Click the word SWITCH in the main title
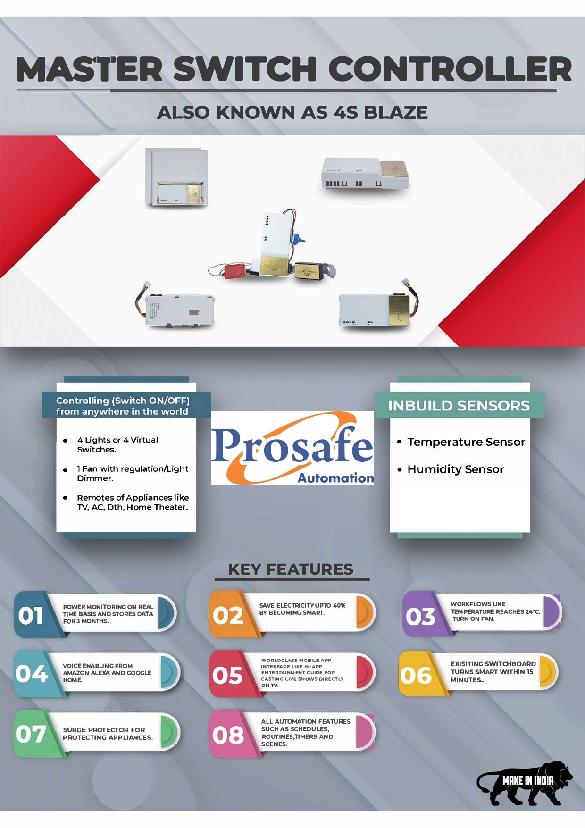(245, 69)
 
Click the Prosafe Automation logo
(292, 448)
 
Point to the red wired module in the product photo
(235, 271)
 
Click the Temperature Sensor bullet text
(466, 442)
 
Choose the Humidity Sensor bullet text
(455, 469)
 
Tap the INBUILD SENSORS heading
(459, 406)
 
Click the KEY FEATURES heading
(291, 569)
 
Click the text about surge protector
(108, 734)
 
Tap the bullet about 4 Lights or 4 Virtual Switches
(118, 445)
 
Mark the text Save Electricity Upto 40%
(302, 605)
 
